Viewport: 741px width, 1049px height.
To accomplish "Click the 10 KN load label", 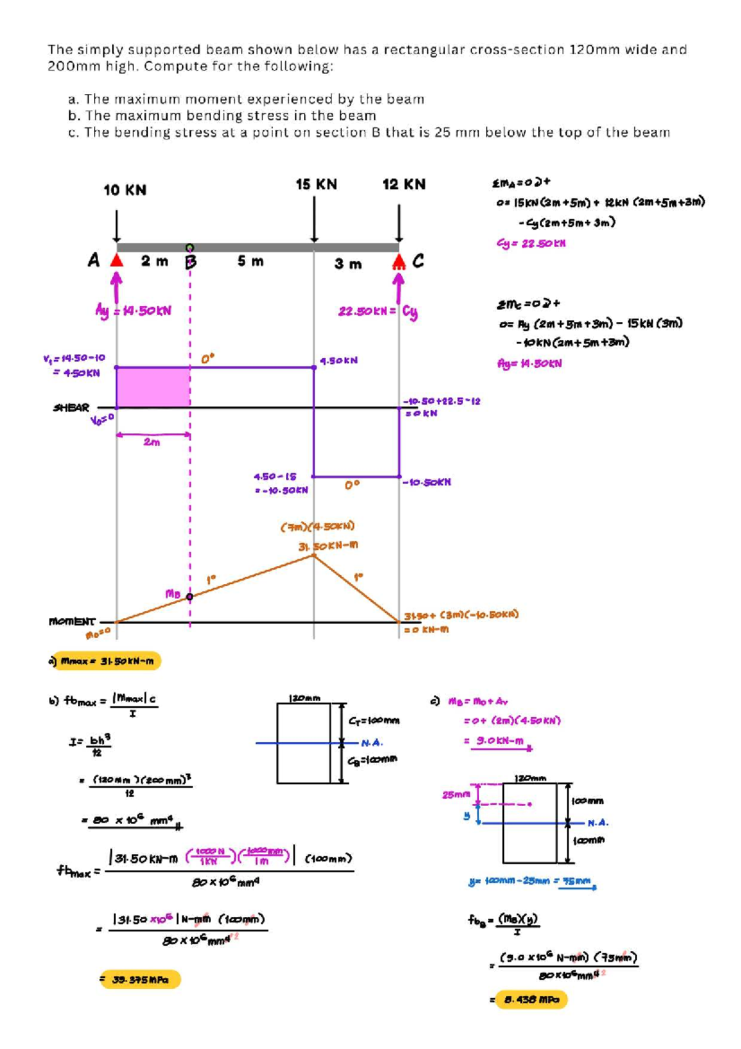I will tap(125, 190).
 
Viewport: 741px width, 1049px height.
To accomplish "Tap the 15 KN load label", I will tap(316, 184).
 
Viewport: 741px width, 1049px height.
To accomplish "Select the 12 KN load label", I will tap(404, 184).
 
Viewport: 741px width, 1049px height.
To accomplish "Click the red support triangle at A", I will tap(117, 261).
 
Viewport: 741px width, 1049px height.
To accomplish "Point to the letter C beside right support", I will tap(418, 261).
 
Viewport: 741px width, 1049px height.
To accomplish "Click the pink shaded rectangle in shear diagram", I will tap(153, 387).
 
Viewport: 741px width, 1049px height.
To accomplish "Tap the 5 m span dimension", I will tap(251, 261).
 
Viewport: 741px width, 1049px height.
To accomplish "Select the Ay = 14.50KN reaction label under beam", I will tap(133, 311).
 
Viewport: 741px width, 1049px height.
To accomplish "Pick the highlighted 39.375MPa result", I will tap(140, 980).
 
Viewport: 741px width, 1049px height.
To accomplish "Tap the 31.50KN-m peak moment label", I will tap(328, 546).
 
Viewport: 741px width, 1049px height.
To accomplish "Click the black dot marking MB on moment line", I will tap(190, 597).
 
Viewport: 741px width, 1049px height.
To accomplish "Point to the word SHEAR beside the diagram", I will tap(71, 408).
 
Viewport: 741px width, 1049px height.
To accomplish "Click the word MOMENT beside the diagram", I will tap(72, 621).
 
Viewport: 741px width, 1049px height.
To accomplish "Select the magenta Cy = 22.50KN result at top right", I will tap(531, 243).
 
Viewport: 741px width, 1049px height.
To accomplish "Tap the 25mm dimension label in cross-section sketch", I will tap(456, 794).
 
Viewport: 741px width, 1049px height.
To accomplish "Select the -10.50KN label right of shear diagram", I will tap(427, 482).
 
